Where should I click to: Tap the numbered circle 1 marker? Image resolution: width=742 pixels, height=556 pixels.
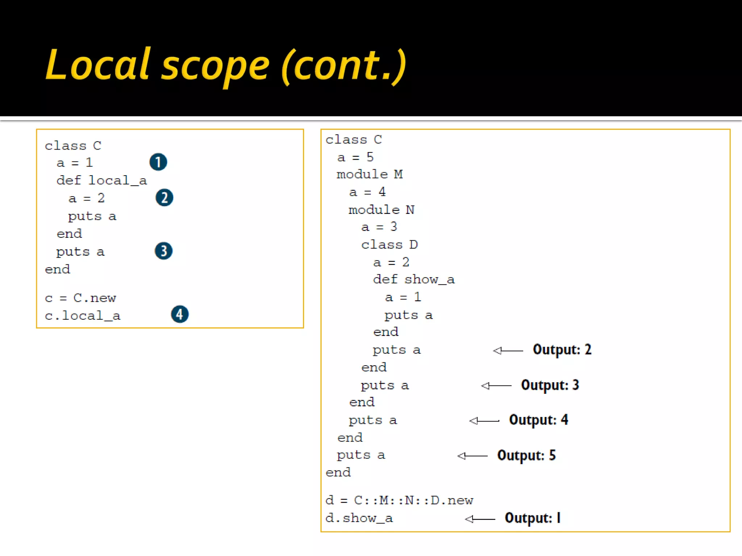point(158,162)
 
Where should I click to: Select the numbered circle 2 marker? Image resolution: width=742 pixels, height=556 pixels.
point(164,198)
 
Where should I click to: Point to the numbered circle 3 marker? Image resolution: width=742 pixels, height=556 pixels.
point(164,251)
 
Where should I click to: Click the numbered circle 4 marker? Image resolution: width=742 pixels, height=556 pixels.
point(180,314)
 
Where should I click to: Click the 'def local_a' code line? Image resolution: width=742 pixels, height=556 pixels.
point(101,180)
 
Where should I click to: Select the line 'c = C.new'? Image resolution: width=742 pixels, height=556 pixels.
point(80,298)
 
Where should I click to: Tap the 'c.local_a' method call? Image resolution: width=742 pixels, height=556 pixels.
point(82,316)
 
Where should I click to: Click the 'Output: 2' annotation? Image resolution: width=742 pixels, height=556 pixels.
point(562,350)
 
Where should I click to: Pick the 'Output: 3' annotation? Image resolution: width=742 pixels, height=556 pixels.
point(550,385)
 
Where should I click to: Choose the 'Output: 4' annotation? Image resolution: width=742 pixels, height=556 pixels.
point(538,420)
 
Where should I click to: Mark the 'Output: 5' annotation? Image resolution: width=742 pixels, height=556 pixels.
point(526,455)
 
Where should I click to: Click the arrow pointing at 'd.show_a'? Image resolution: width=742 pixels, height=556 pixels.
point(480,519)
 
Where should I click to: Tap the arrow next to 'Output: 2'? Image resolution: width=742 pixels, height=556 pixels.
point(508,350)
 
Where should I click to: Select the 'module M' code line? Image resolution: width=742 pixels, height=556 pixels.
point(370,174)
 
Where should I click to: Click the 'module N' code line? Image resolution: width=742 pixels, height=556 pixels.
point(381,210)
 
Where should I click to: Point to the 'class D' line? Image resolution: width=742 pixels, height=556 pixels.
point(389,245)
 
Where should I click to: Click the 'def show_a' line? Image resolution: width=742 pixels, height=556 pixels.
point(414,279)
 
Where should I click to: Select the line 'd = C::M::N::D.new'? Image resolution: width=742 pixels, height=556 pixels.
point(399,500)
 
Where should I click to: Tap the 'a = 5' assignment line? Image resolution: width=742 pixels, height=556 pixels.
point(355,157)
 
